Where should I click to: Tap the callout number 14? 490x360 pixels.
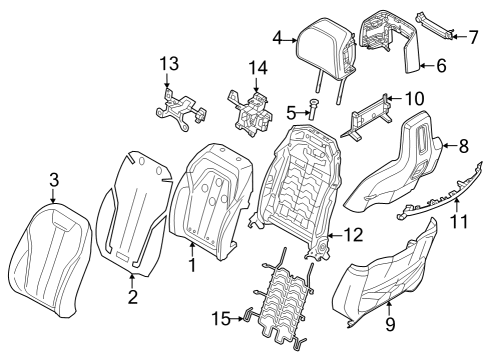coord(258,67)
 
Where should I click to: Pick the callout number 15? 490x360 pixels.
coord(222,318)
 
